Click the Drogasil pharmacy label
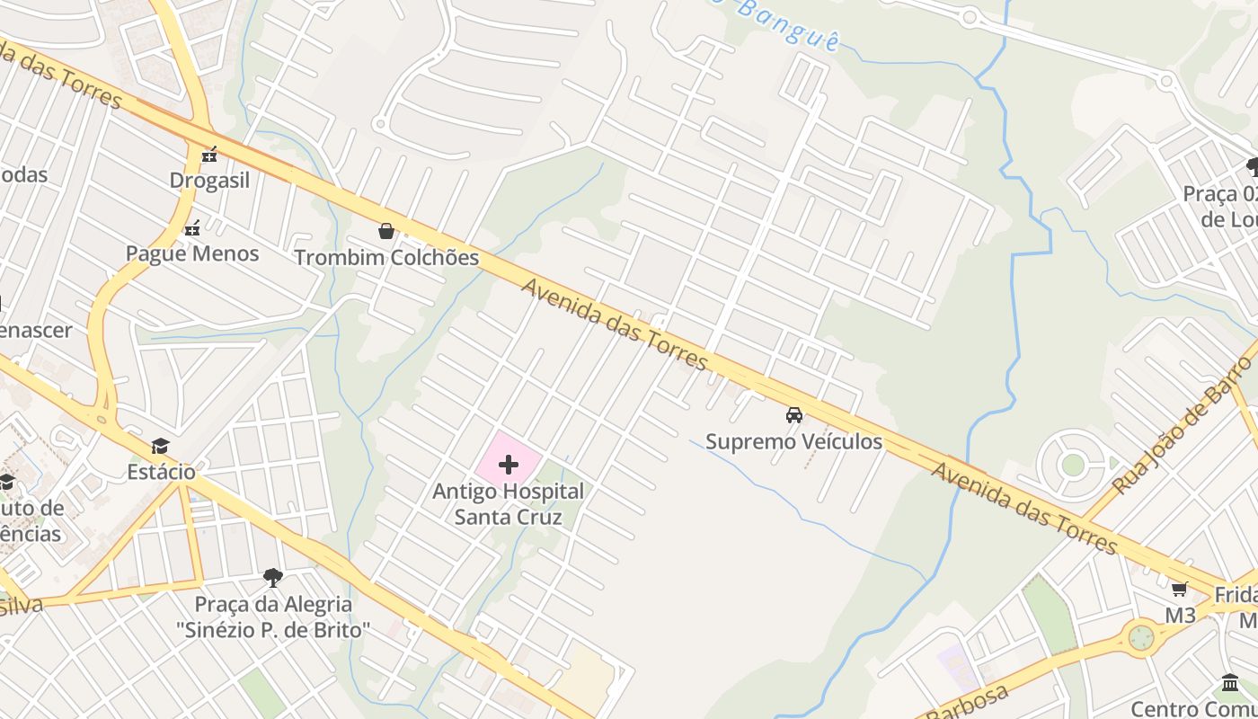[x=209, y=180]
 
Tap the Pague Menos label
[x=192, y=253]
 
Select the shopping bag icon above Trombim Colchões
[x=386, y=232]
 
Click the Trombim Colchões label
[x=386, y=258]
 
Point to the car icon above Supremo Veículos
[x=794, y=415]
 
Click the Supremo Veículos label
[x=793, y=441]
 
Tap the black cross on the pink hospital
[x=509, y=465]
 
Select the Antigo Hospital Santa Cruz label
[x=508, y=504]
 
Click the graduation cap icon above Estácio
[x=161, y=446]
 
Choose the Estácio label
[x=161, y=472]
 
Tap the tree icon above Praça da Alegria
[x=273, y=577]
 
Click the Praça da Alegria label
[x=273, y=617]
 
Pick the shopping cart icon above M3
[x=1179, y=590]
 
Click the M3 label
[x=1180, y=616]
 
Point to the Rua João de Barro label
[x=1181, y=424]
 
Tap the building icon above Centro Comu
[x=1230, y=683]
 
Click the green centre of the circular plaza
[x=1073, y=465]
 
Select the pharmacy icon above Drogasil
[x=209, y=155]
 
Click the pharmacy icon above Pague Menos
[x=191, y=228]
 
